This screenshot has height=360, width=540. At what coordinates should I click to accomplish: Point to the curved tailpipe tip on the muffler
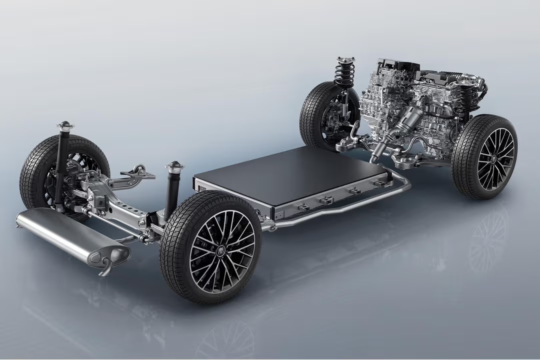105,267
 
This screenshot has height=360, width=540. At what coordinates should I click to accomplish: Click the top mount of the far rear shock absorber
64,124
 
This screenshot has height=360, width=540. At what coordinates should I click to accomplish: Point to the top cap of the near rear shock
175,165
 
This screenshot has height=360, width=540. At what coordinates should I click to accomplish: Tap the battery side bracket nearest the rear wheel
303,206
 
